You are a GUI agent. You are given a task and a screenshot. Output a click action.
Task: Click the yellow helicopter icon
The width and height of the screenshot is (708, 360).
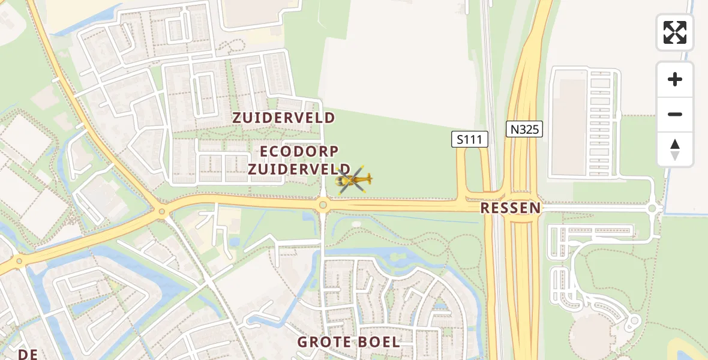click(354, 179)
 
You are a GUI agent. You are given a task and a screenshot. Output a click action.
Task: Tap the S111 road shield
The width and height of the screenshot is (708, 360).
click(470, 140)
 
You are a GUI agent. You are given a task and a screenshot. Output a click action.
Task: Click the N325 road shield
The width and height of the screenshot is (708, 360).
click(524, 129)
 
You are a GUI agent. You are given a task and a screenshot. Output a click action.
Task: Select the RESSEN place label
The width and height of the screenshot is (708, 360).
click(511, 208)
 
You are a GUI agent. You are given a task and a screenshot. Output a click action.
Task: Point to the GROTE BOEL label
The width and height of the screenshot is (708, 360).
click(349, 342)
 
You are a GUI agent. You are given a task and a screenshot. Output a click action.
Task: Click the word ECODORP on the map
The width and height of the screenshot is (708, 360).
click(299, 151)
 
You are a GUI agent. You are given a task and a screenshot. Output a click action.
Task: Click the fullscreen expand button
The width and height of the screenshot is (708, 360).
click(675, 32)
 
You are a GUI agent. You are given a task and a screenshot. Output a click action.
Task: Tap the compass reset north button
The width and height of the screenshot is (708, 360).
click(675, 149)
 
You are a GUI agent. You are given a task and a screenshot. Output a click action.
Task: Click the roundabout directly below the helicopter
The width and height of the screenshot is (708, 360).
click(323, 206)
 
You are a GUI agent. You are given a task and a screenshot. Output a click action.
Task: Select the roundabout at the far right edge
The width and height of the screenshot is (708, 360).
click(653, 208)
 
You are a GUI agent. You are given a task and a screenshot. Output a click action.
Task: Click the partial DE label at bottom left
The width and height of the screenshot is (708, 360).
click(28, 354)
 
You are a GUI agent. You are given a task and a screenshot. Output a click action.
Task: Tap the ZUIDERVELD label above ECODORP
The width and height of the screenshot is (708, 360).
click(284, 118)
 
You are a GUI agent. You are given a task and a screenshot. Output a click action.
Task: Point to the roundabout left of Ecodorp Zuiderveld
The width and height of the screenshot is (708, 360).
click(161, 211)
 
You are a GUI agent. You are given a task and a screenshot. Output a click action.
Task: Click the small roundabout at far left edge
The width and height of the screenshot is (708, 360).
click(19, 260)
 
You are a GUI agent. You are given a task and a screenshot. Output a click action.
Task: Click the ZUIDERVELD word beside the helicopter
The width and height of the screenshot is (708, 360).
click(299, 169)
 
